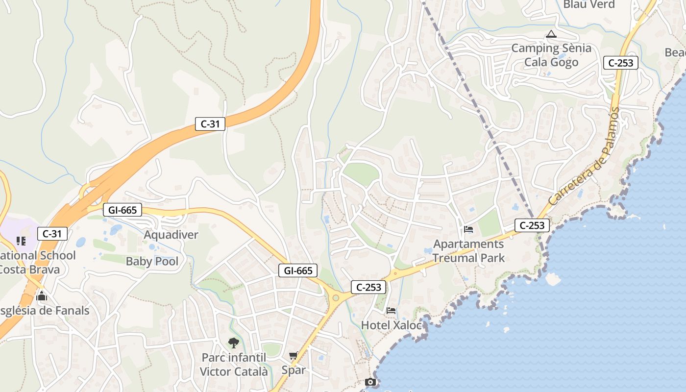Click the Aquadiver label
[x=171, y=235]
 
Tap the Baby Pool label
[x=152, y=261]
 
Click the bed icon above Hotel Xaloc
[x=391, y=311]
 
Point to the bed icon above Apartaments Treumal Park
[x=468, y=229]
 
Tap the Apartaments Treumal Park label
[x=468, y=251]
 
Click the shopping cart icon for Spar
[x=294, y=356]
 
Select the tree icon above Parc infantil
[x=234, y=343]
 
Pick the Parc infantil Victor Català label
[x=234, y=365]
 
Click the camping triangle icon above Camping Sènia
[x=551, y=34]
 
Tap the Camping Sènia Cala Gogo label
[x=551, y=55]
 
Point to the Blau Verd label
[x=589, y=4]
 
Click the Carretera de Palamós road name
[x=584, y=157]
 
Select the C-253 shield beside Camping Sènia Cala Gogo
[x=620, y=63]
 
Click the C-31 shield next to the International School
[x=52, y=234]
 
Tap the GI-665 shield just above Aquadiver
[x=122, y=210]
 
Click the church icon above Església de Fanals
[x=42, y=296]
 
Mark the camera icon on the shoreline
[x=371, y=382]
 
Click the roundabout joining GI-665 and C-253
[x=336, y=297]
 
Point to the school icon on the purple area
[x=21, y=241]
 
